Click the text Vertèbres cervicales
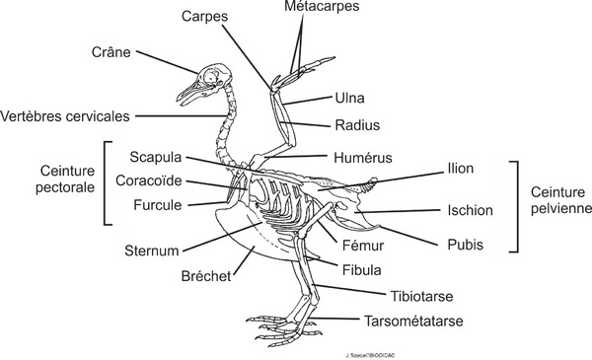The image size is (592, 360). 65,115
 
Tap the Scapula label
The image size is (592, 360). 155,158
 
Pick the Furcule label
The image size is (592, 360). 157,206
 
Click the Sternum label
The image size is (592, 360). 151,251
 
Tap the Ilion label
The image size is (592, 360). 460,170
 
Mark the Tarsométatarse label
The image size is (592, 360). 413,322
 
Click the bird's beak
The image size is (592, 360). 187,94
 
